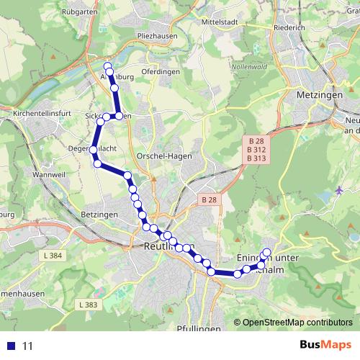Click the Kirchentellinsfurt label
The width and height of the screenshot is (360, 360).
43,114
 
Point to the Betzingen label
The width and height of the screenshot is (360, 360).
99,215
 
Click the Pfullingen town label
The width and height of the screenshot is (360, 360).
197,328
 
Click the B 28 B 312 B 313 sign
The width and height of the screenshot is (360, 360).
256,149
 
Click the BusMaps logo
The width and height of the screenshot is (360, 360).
326,346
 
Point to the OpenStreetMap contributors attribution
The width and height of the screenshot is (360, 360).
297,323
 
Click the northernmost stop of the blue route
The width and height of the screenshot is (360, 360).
107,66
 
